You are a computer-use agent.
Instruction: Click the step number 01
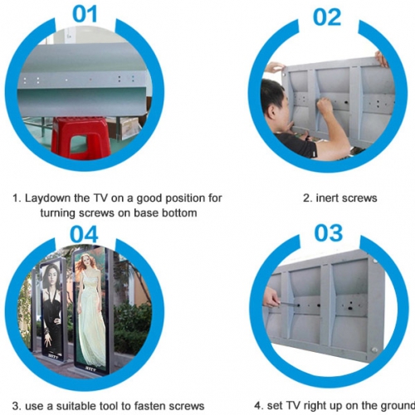(85, 14)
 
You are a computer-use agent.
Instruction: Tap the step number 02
(327, 17)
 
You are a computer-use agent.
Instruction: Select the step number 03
(329, 232)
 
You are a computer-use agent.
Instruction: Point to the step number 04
(84, 234)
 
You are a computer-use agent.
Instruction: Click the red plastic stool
(81, 138)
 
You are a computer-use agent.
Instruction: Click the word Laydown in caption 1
(48, 198)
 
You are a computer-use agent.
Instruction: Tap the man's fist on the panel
(325, 106)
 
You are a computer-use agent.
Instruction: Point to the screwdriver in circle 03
(288, 304)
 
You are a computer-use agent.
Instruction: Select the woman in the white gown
(90, 309)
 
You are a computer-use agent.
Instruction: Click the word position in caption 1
(184, 198)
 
